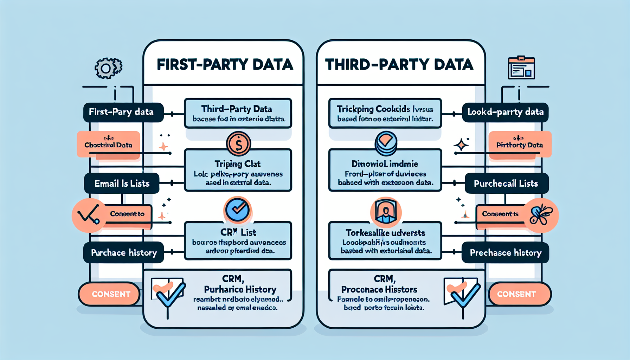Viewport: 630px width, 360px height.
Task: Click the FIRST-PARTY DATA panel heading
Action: (225, 65)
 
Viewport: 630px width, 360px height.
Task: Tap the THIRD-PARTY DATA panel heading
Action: (399, 65)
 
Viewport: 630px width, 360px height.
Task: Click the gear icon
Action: (108, 68)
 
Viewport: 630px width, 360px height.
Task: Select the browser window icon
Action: (521, 67)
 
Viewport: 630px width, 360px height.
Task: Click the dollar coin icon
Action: (238, 144)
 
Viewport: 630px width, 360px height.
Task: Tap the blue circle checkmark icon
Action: (237, 210)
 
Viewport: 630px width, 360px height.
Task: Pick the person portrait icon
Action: (386, 212)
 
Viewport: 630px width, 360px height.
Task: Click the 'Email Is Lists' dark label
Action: (122, 184)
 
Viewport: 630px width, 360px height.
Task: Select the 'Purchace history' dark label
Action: (124, 253)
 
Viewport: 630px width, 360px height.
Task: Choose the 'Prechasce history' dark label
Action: (505, 253)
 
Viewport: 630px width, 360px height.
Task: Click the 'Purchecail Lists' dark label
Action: (506, 184)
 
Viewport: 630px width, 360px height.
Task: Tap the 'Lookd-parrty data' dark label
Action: (505, 112)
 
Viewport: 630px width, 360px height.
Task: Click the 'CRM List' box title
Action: (238, 232)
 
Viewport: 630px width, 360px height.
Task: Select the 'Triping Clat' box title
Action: (238, 164)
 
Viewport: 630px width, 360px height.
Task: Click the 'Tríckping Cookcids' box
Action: (385, 113)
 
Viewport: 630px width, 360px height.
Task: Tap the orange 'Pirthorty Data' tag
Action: (520, 144)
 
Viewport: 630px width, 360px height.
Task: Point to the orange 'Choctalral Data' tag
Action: (108, 144)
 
